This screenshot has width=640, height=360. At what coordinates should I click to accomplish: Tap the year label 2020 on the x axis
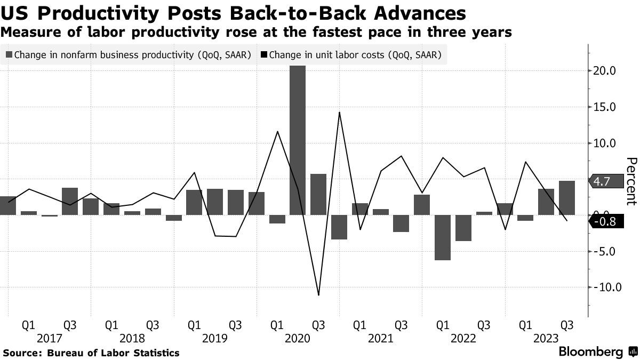(x=298, y=338)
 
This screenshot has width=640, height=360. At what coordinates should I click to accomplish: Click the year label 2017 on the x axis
(x=49, y=338)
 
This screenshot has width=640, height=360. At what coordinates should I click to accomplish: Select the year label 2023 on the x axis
(x=546, y=338)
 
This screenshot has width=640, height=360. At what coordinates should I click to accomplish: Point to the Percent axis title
(x=631, y=181)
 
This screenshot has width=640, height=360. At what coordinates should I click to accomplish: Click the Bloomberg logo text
(x=590, y=352)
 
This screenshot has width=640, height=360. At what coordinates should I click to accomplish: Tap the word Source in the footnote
(x=22, y=353)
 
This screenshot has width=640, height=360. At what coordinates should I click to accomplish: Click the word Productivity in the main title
(x=96, y=12)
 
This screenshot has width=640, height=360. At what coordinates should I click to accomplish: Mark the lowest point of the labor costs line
(x=318, y=295)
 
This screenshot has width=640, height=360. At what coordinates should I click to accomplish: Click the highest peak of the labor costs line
(x=339, y=112)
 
